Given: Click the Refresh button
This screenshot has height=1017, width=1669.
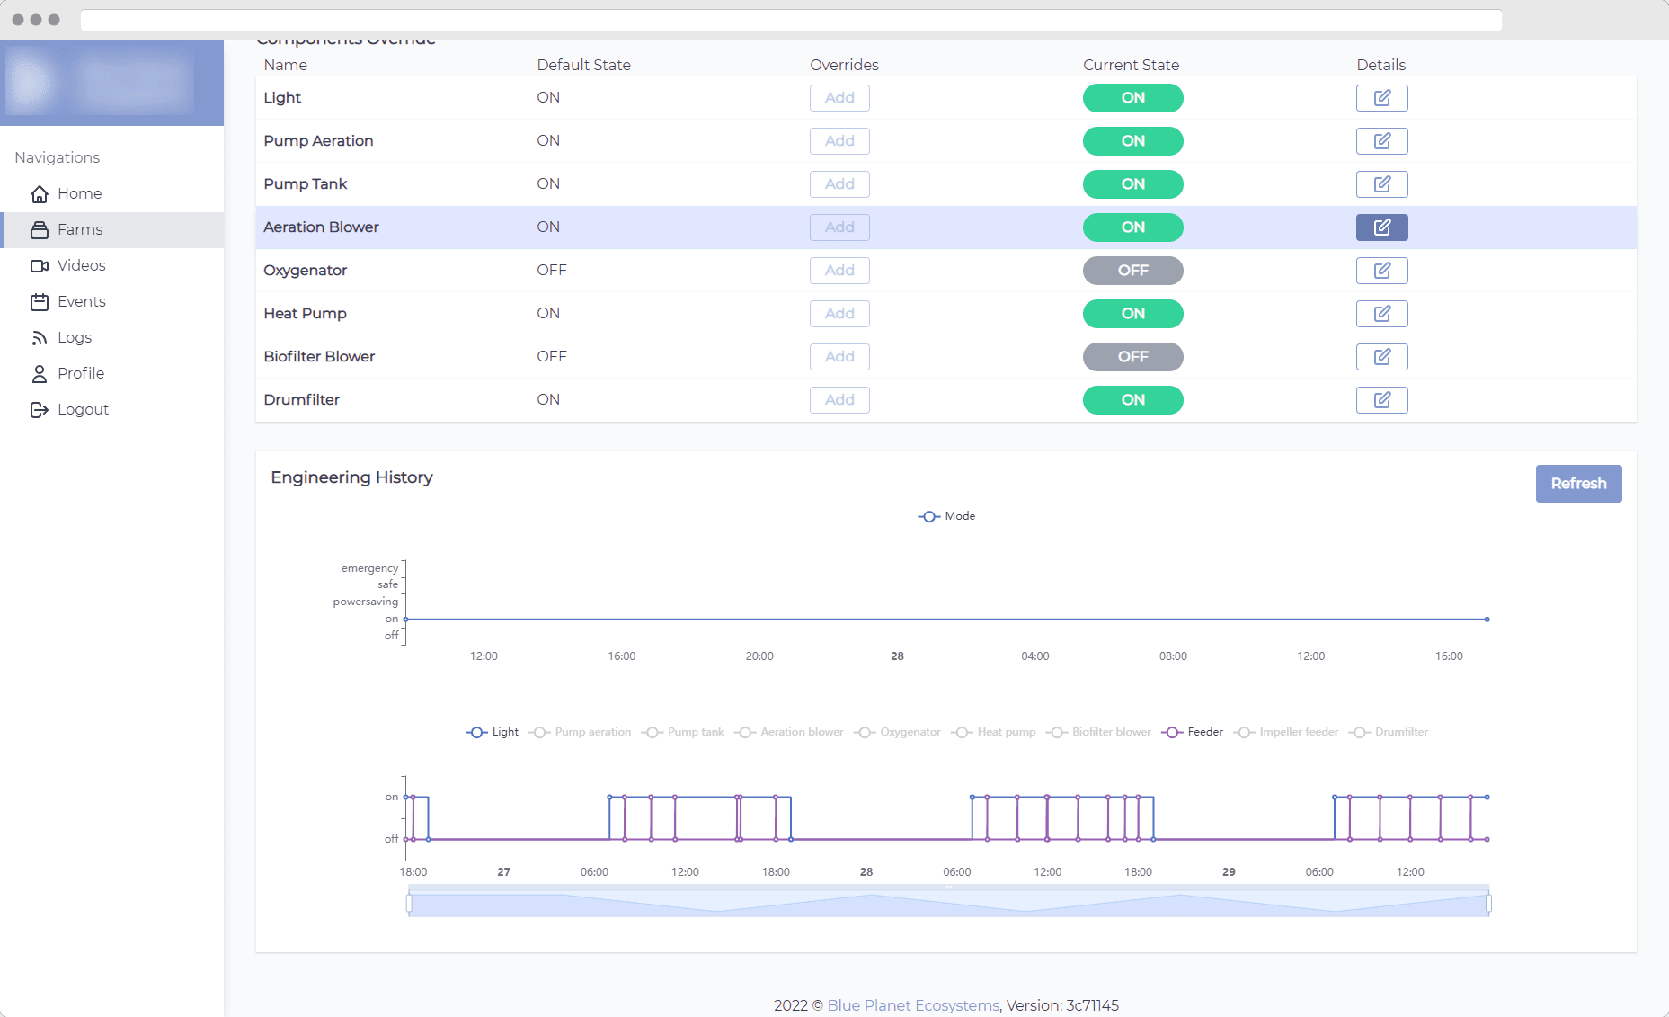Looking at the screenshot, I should click(1578, 484).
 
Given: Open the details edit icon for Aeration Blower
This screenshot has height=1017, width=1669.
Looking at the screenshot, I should click(1381, 227).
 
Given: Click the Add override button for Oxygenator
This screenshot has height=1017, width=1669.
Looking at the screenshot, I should click(839, 271).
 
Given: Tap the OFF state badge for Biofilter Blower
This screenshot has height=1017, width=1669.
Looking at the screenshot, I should click(1132, 357).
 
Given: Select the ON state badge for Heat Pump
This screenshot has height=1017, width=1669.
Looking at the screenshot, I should click(1132, 314).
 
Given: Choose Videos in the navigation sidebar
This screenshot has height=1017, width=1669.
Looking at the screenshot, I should click(81, 265).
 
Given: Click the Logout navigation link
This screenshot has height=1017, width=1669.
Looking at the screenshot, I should click(83, 409).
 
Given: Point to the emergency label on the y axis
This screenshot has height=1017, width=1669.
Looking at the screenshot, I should click(369, 568).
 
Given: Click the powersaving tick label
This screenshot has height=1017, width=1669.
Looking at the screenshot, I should click(365, 602).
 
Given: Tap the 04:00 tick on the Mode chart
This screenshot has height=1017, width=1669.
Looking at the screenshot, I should click(1034, 656).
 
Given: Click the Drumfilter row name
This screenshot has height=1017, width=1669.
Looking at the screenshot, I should click(302, 400).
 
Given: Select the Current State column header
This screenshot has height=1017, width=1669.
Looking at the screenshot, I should click(1131, 65).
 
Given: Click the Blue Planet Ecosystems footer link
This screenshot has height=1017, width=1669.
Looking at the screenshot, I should click(913, 1005).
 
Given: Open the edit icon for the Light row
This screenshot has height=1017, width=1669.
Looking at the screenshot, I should click(1381, 98).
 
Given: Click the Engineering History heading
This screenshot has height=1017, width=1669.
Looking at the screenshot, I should click(351, 477).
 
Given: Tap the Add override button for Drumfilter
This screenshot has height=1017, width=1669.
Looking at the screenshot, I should click(839, 400).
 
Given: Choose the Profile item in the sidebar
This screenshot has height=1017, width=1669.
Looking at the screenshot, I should click(81, 373).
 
